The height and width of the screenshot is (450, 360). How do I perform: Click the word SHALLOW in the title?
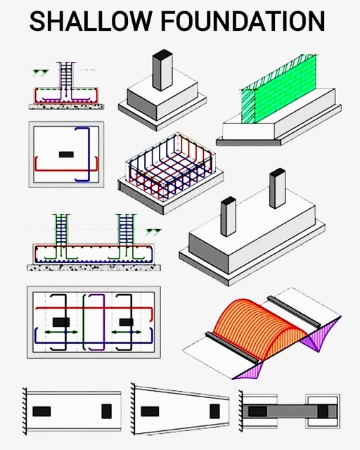91,21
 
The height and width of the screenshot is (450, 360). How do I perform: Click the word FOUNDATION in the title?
243,21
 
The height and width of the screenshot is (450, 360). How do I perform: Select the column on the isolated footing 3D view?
162,70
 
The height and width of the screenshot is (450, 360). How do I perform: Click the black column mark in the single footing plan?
66,155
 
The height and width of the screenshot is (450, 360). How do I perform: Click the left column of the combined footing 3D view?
229,217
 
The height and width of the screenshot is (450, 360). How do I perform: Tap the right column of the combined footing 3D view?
278,188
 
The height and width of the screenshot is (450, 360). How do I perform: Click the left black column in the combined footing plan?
61,322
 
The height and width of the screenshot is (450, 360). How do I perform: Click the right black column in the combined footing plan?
127,322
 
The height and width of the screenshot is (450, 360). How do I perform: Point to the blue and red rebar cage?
171,166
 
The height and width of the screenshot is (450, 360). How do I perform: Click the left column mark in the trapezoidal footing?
150,411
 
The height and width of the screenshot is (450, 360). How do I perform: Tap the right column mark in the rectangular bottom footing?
106,411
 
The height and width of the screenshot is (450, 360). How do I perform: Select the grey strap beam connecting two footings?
290,411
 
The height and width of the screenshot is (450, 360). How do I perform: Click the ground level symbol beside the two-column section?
153,231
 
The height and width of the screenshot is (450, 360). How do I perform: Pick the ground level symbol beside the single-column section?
40,73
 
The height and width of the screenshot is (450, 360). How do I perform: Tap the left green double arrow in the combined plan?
61,333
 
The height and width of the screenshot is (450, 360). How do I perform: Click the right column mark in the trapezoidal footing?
214,411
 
